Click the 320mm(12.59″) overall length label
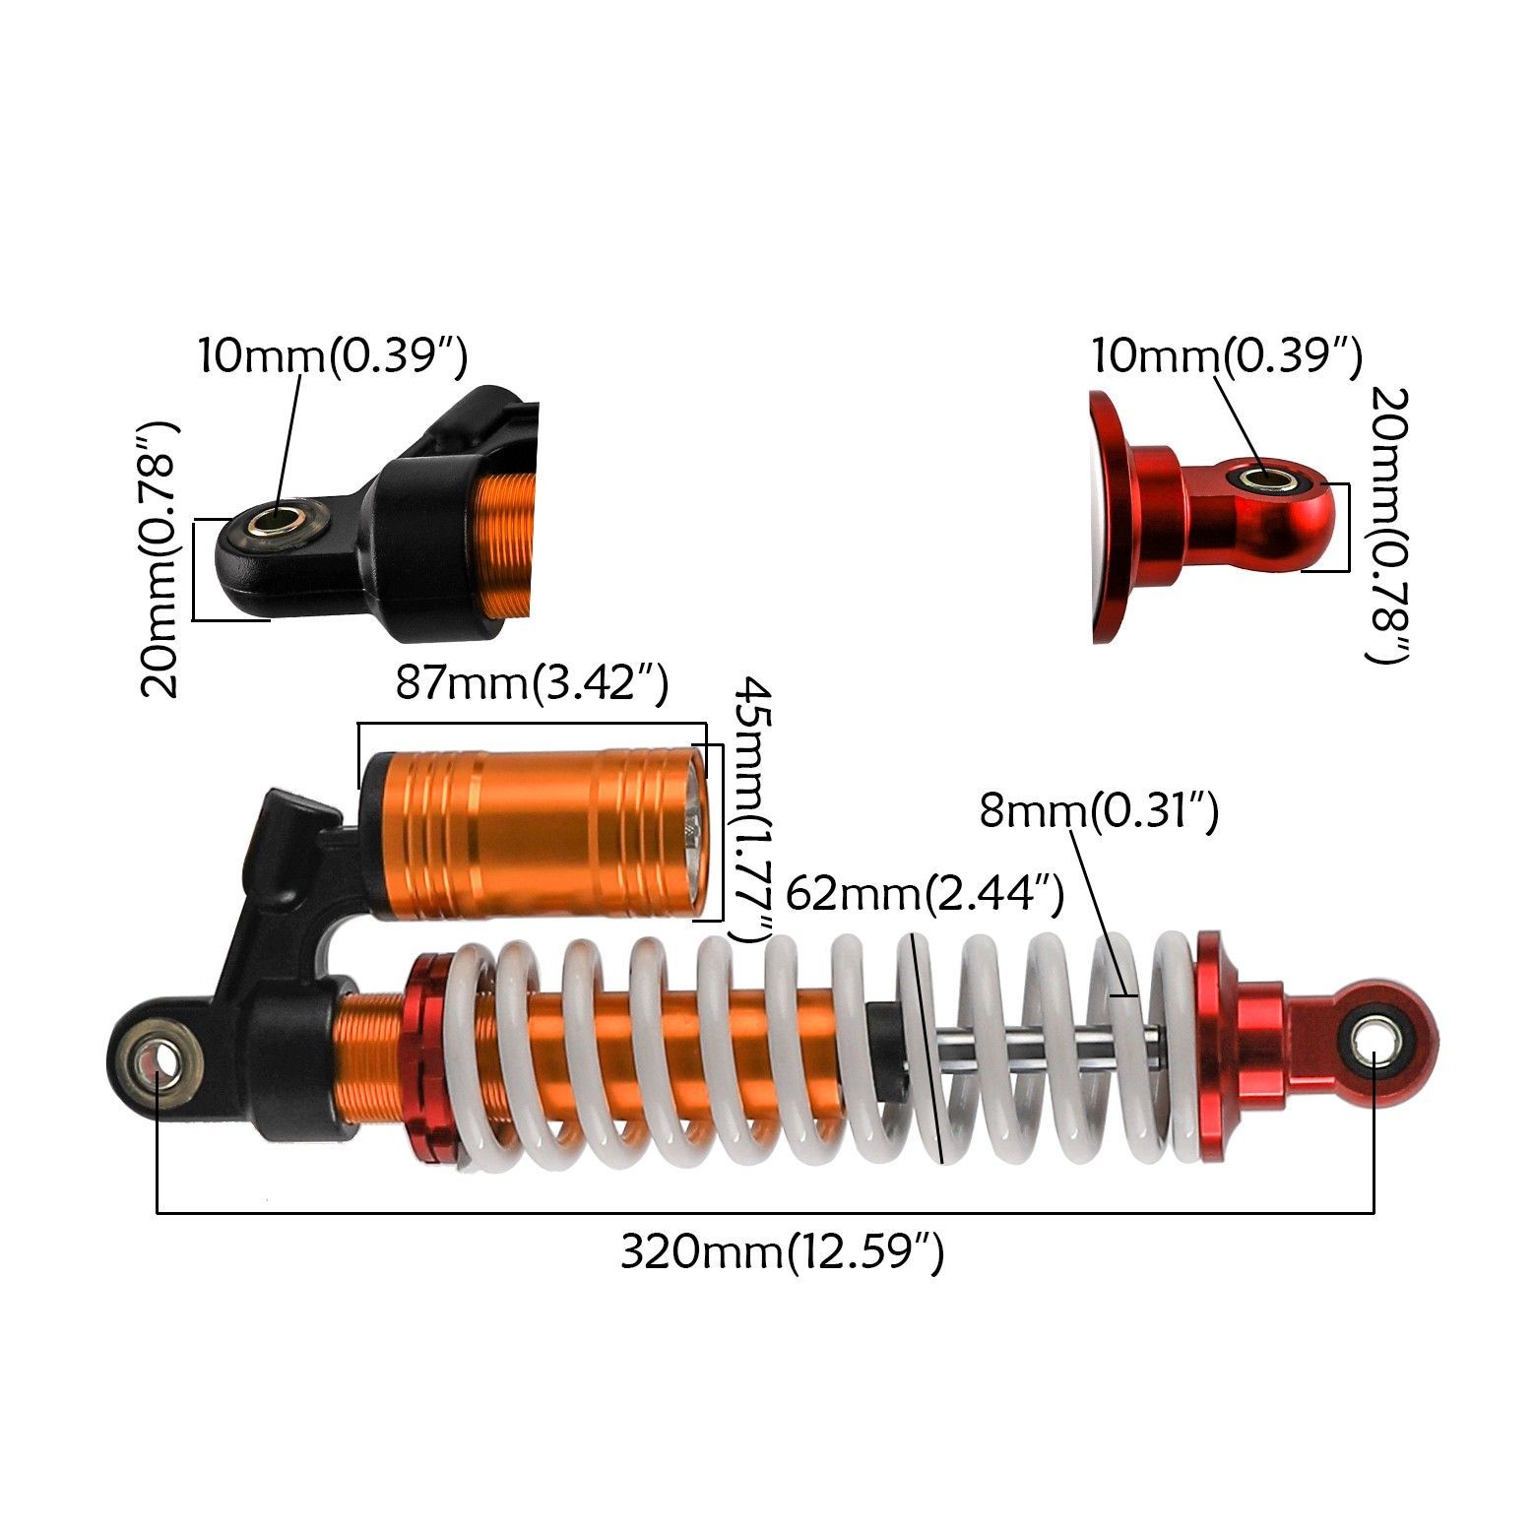(x=782, y=1253)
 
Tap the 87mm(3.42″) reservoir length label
(x=532, y=682)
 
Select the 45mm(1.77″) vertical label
(x=751, y=808)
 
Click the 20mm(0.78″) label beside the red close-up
(x=1390, y=525)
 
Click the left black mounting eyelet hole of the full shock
(x=157, y=1063)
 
